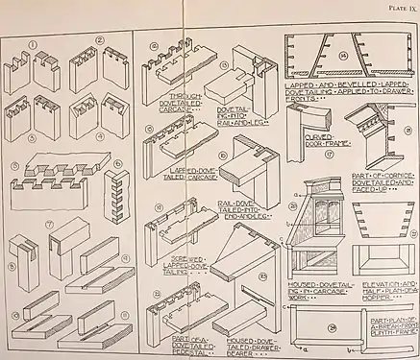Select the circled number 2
point(101,41)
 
